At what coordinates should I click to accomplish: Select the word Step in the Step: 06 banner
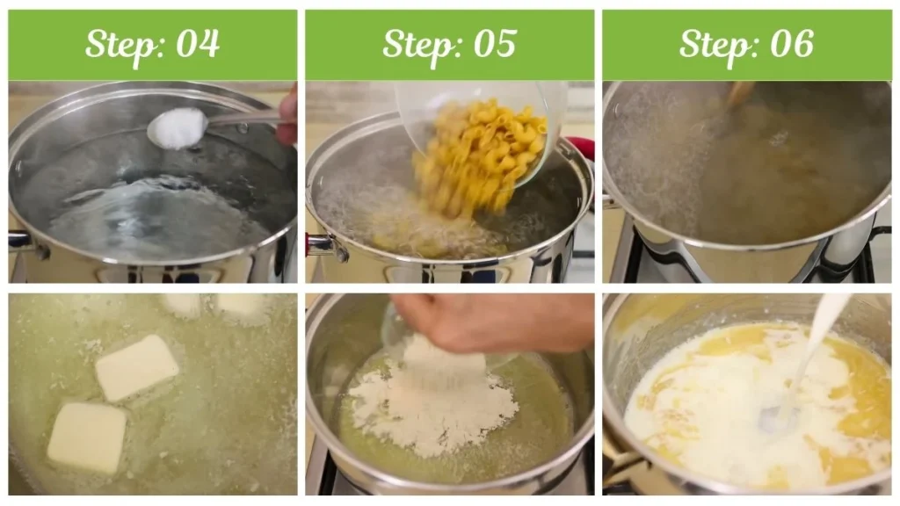[715, 44]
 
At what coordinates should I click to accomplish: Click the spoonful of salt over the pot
[177, 127]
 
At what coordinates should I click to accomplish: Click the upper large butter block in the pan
[136, 366]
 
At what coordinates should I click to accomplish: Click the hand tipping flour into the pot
[492, 321]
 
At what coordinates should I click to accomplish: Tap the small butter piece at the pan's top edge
[241, 304]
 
